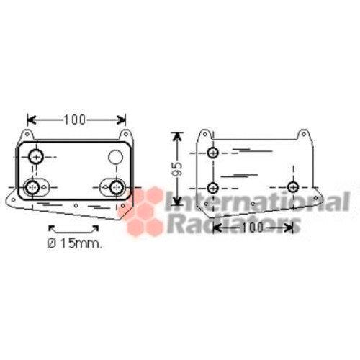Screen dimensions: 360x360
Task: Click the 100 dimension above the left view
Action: coord(76,118)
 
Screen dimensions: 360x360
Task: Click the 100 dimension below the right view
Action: coord(253,228)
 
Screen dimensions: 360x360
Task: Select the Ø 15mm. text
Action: coord(75,243)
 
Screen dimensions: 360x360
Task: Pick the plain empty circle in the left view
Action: coord(116,157)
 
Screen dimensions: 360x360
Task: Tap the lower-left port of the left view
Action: coord(33,188)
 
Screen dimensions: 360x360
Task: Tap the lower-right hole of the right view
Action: coord(292,187)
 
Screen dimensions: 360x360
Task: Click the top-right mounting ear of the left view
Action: coord(127,135)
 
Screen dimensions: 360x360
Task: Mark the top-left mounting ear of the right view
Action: coord(207,135)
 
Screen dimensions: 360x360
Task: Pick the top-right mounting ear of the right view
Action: coord(305,135)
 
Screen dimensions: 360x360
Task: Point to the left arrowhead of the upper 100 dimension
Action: coord(30,118)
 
